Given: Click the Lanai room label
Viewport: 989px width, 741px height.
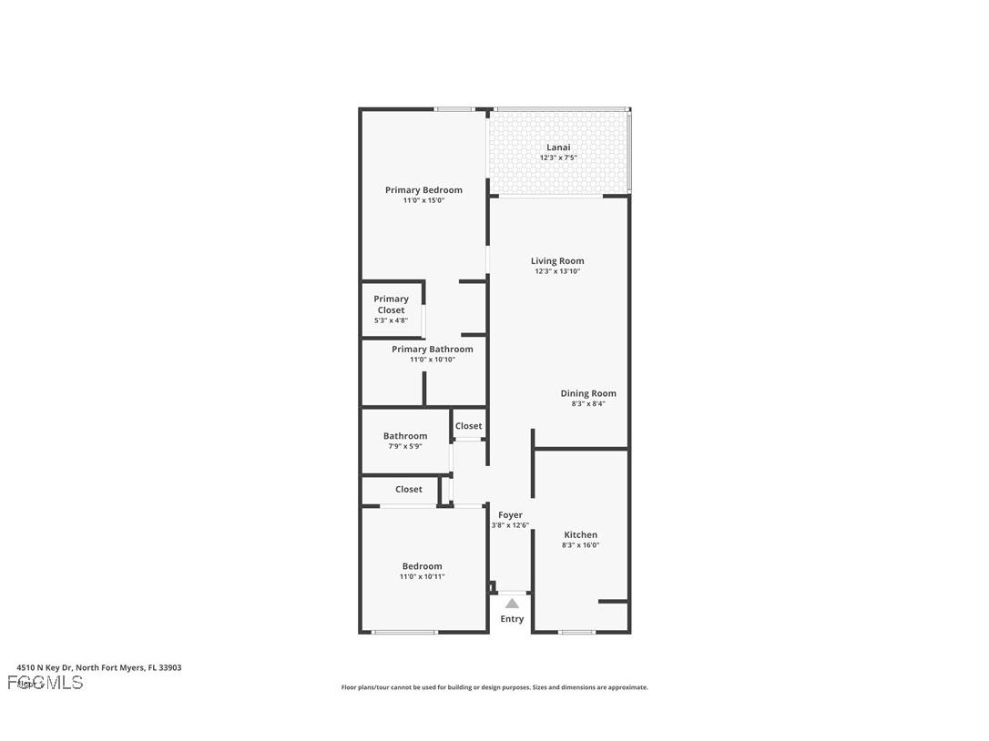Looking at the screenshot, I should pos(558,147).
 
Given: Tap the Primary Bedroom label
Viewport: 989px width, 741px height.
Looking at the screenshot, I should pos(423,190).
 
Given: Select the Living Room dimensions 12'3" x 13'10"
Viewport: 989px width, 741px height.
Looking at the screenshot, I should pos(557,271).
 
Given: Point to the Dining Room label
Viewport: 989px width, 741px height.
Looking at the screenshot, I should pos(588,393).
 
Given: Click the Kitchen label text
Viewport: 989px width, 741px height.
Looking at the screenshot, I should pos(580,535).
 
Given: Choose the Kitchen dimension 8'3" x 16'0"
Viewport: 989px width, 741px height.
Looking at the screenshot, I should pos(580,545).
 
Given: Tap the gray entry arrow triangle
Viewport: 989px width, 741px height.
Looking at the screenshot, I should pos(512,604).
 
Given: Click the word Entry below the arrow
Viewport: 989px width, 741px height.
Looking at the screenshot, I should pos(512,619).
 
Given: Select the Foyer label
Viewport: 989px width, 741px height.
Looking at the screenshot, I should pos(510,515).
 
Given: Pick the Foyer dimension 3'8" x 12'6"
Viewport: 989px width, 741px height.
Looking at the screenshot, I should pos(510,525).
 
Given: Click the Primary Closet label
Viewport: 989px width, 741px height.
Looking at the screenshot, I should pos(391,304).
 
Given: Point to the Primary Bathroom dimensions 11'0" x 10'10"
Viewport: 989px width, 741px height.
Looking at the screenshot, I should pos(432,360).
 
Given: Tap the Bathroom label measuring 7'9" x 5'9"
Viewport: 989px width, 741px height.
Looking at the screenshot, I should pos(405,436).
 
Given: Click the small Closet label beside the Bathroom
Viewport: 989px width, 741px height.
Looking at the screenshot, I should pos(469,426).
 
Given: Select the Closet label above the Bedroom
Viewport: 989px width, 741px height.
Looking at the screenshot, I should pos(409,490).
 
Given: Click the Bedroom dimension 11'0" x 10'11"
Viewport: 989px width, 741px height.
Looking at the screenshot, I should pos(422,576).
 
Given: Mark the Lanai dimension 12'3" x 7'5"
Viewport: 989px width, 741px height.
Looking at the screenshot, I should pos(558,157).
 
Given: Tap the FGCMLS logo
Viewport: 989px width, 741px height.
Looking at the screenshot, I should pos(46,683).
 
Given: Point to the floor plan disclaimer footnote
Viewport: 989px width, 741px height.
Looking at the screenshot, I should pos(494,687).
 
